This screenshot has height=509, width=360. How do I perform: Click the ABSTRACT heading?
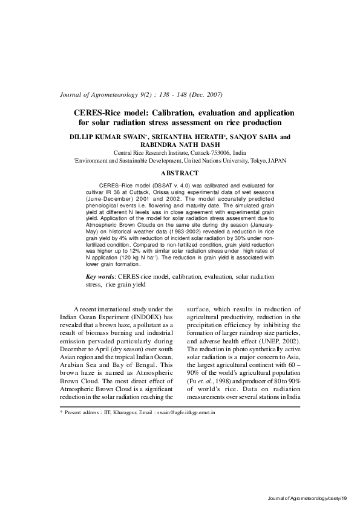pyautogui.click(x=180, y=173)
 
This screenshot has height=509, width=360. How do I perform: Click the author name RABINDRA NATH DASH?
pyautogui.click(x=180, y=144)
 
